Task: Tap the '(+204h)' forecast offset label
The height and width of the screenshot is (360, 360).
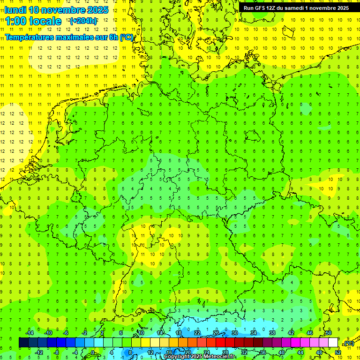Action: (x=83, y=21)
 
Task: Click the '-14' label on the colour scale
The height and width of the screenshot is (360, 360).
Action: (x=30, y=333)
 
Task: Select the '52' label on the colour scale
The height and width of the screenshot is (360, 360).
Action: (x=338, y=352)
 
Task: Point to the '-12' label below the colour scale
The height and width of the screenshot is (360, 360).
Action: (x=39, y=352)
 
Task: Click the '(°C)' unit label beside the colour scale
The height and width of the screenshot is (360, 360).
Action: (x=348, y=343)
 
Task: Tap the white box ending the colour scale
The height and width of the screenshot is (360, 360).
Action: (x=333, y=343)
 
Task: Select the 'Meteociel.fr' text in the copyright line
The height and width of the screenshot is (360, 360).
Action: (x=219, y=357)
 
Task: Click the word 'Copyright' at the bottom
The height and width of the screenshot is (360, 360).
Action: (x=177, y=357)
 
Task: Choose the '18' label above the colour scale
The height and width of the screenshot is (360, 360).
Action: (x=179, y=333)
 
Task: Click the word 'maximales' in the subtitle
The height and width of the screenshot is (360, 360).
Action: (x=77, y=37)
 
